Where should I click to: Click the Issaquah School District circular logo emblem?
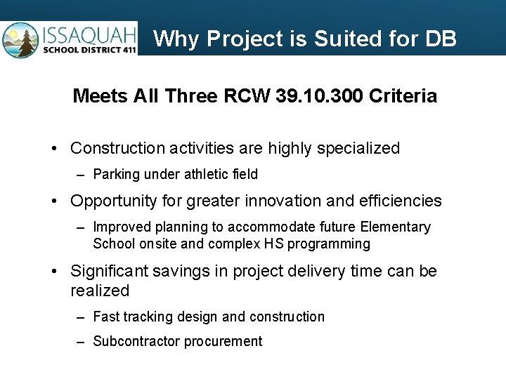(20, 40)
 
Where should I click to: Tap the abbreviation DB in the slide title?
(441, 39)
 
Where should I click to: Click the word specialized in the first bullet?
(359, 149)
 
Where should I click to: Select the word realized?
(100, 291)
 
